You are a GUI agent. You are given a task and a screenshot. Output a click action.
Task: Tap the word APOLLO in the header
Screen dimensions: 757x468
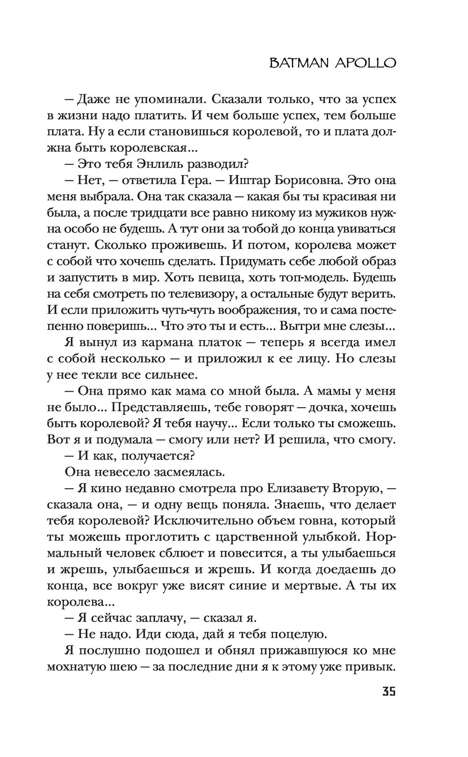click(x=367, y=63)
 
